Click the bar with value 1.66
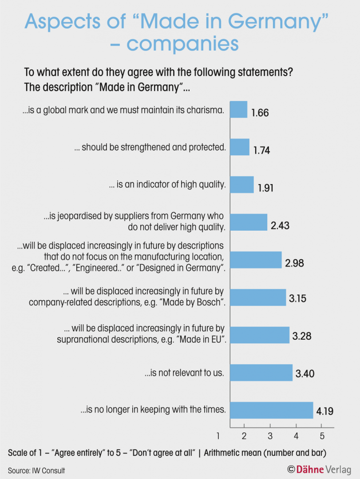pyautogui.click(x=238, y=110)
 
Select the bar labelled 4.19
pyautogui.click(x=272, y=410)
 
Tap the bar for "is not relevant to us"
pyautogui.click(x=261, y=373)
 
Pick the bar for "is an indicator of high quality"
pyautogui.click(x=242, y=185)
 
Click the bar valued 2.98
pyautogui.click(x=256, y=260)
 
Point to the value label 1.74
pyautogui.click(x=261, y=151)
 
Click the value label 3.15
pyautogui.click(x=297, y=299)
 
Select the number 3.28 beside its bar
pyautogui.click(x=301, y=336)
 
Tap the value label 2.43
pyautogui.click(x=280, y=226)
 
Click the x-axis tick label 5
pyautogui.click(x=322, y=435)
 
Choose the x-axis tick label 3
pyautogui.click(x=270, y=435)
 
